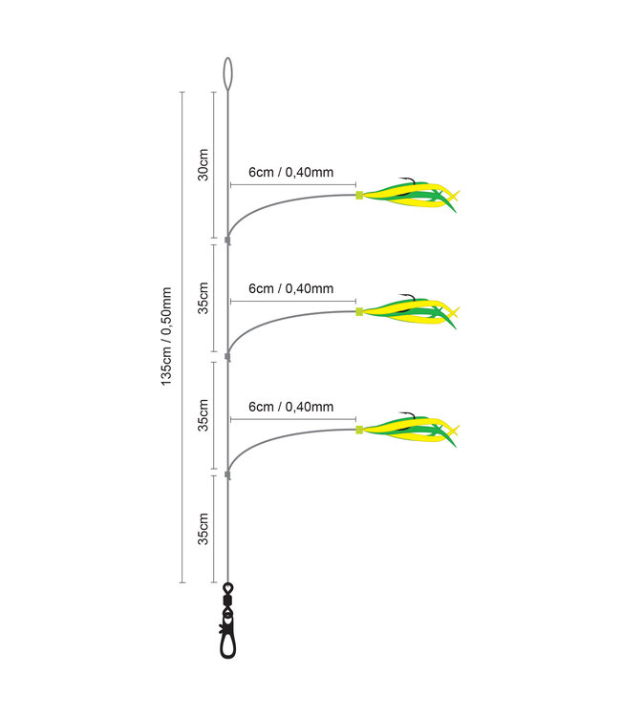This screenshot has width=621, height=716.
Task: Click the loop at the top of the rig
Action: tap(227, 72)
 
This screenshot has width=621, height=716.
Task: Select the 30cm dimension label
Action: tap(203, 163)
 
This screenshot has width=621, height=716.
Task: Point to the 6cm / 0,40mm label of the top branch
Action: tap(290, 173)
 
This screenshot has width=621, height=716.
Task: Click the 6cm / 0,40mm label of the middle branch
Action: tap(290, 288)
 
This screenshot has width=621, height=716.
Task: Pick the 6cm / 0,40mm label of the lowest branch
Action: tap(290, 407)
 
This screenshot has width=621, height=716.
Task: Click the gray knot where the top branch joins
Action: tap(227, 241)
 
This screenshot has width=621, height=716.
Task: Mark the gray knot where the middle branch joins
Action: tap(227, 357)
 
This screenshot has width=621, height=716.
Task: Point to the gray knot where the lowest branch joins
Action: tap(227, 474)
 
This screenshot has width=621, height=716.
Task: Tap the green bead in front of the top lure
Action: tap(359, 195)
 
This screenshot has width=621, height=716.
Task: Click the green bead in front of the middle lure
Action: tap(359, 311)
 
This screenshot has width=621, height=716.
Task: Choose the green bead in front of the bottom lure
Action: tap(359, 430)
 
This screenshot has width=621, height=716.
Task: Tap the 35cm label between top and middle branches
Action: tap(203, 299)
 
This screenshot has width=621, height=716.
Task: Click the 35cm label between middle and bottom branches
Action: tap(203, 416)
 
